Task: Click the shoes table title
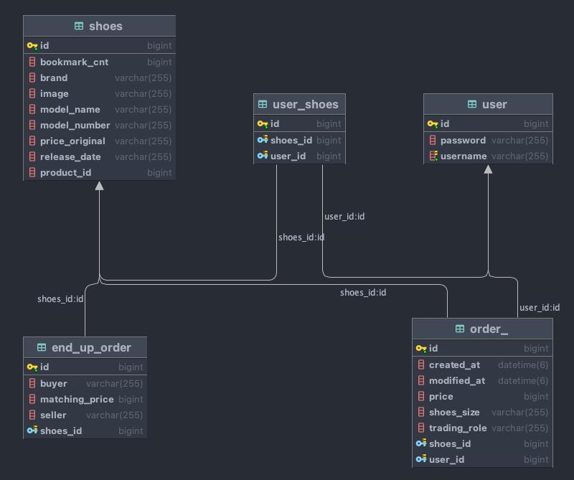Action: click(x=105, y=27)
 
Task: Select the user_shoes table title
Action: click(x=305, y=104)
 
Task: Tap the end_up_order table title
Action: click(x=91, y=348)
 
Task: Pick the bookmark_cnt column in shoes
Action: click(x=74, y=62)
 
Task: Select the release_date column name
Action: click(x=70, y=157)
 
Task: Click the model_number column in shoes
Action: click(x=75, y=126)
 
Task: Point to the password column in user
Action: click(x=463, y=141)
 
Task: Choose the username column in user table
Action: click(x=464, y=156)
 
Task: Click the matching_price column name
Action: click(x=76, y=400)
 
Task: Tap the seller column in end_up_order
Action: click(x=53, y=415)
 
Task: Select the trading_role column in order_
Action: click(x=458, y=428)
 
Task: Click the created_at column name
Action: click(x=454, y=365)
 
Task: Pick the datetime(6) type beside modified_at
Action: click(x=523, y=381)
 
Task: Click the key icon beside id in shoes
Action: click(x=32, y=46)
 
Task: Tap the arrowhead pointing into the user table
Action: click(x=489, y=170)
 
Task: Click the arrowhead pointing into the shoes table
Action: click(x=99, y=186)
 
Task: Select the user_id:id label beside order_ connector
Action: click(x=539, y=308)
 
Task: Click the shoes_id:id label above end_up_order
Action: click(x=60, y=299)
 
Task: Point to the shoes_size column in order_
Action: click(x=454, y=413)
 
